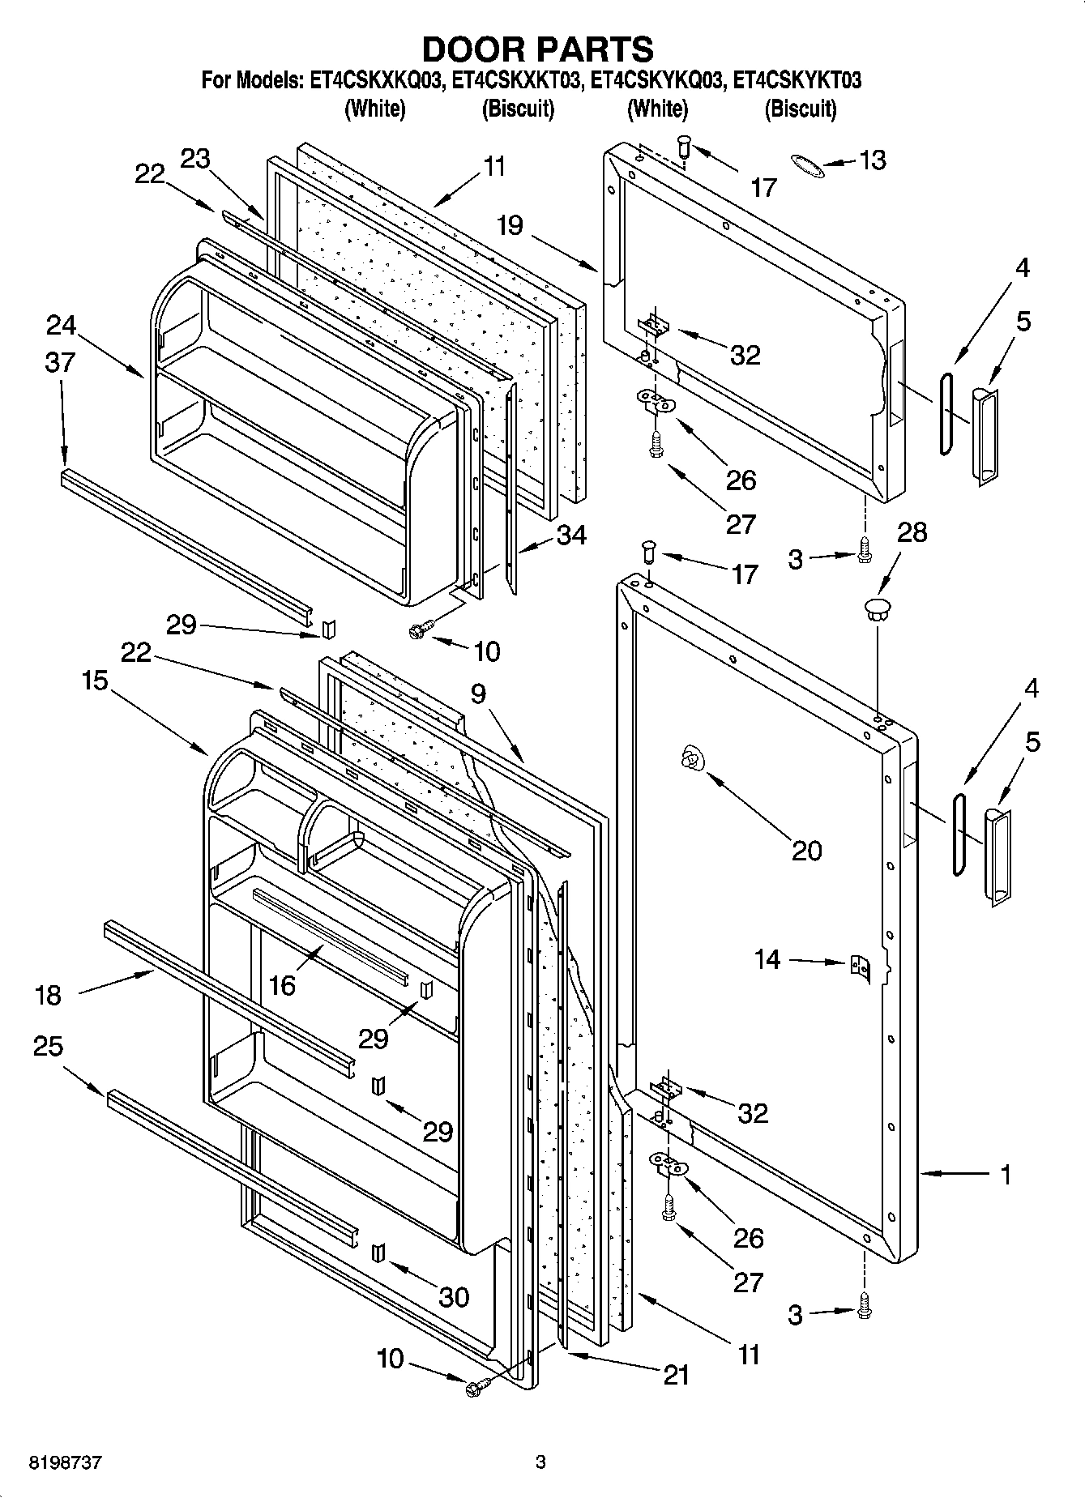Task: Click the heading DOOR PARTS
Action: [537, 49]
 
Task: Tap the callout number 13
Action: [872, 160]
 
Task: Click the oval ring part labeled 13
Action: [808, 167]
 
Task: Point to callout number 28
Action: [912, 533]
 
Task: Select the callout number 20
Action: [806, 850]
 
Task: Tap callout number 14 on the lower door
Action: [767, 959]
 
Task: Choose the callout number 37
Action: [61, 362]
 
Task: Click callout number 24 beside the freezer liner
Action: [61, 326]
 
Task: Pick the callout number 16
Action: [282, 984]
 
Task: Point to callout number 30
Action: [453, 1297]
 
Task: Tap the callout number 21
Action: [676, 1374]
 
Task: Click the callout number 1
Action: [1005, 1174]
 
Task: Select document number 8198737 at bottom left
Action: [66, 1462]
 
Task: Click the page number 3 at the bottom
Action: [540, 1462]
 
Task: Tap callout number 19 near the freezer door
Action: [510, 225]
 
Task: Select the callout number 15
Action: [95, 681]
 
